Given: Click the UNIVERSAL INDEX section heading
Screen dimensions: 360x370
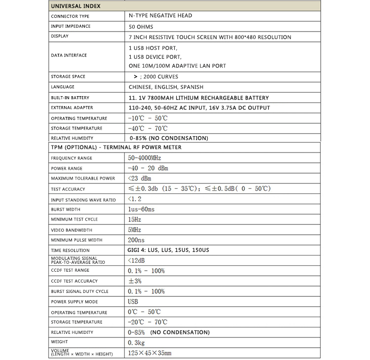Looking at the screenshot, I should tap(75, 6).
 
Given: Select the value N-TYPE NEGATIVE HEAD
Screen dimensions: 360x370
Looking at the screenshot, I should tap(160, 16).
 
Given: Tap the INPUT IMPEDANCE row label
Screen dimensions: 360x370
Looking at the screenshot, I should tap(71, 26).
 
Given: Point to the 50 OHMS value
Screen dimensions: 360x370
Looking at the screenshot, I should tap(141, 27).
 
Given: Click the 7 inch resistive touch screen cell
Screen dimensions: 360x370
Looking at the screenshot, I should tap(210, 37).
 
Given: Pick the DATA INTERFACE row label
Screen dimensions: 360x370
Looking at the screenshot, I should tap(69, 55).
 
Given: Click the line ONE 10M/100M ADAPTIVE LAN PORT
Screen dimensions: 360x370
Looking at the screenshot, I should tap(178, 66).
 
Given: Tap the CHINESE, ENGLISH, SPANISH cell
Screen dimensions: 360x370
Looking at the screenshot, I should tap(166, 87).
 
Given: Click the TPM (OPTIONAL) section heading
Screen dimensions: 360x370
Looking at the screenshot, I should tap(116, 147).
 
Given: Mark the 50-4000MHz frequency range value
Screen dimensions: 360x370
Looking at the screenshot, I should tap(145, 158).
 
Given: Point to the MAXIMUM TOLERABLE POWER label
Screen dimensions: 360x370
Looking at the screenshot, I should tap(83, 178).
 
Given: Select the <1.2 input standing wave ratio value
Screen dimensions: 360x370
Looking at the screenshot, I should tap(134, 199).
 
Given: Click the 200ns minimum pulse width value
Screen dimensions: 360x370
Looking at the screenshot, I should tap(136, 240).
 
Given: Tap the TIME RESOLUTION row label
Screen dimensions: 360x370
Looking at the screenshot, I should tap(70, 251).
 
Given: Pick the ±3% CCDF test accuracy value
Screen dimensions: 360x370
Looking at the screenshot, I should tap(135, 281).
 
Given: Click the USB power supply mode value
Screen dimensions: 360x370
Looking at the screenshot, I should tap(133, 301).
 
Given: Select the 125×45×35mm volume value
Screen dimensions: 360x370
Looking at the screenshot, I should tap(149, 353).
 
